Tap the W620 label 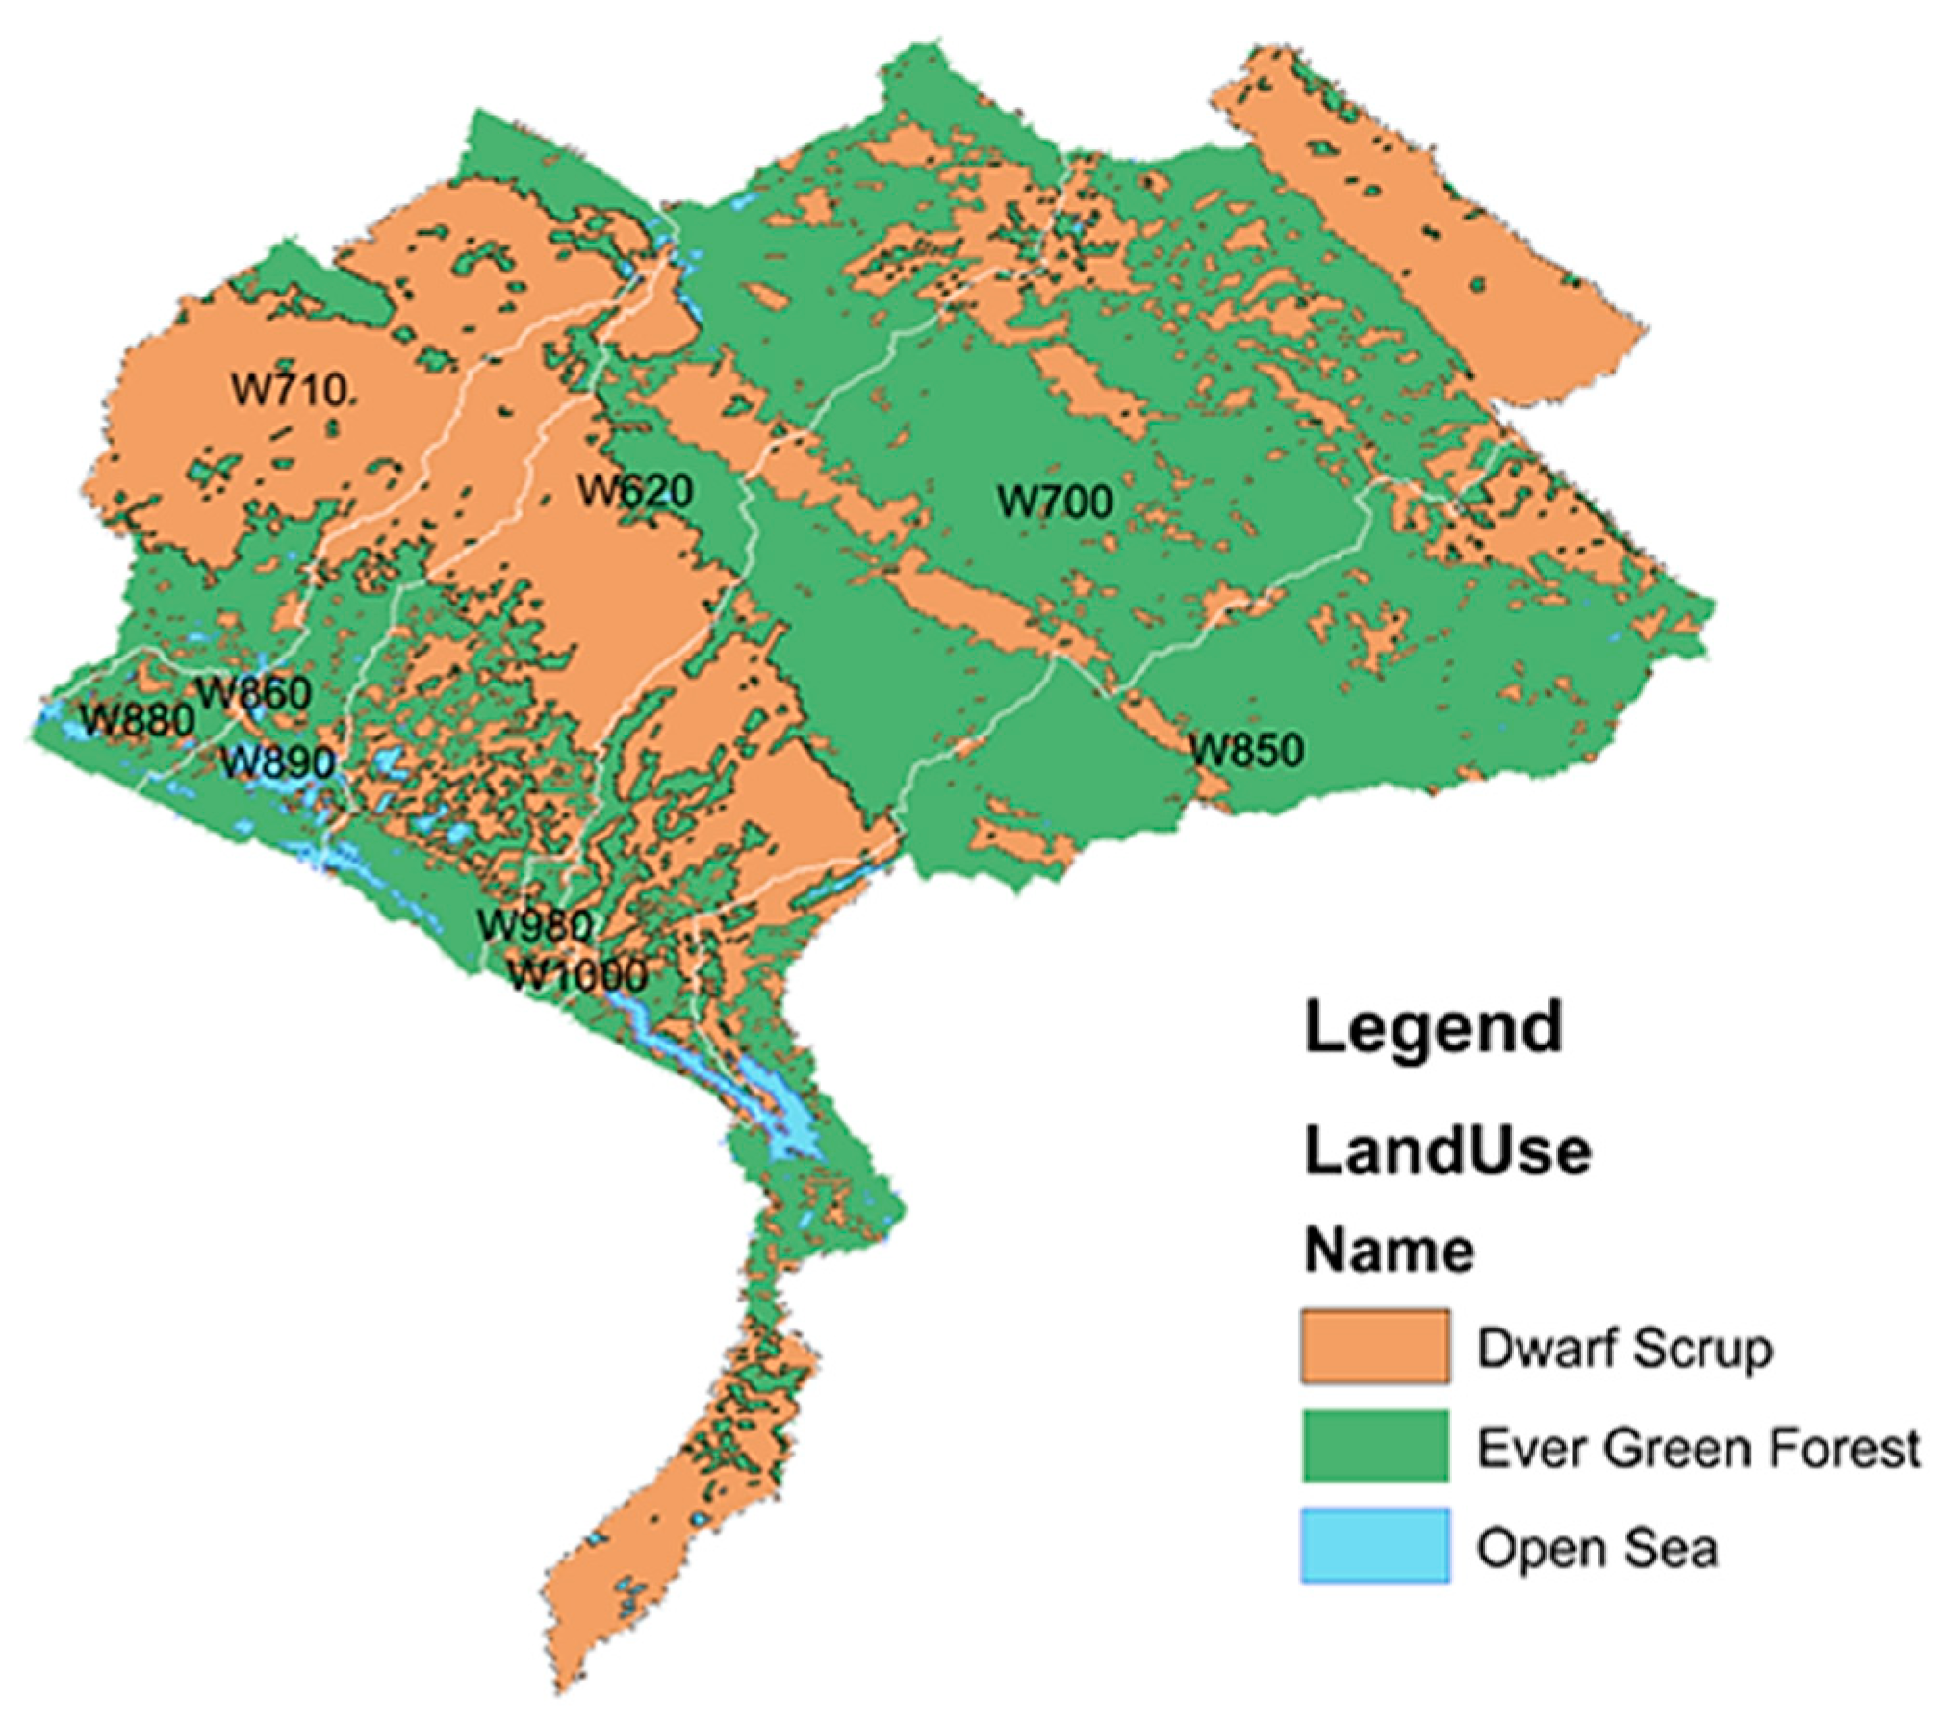(x=634, y=492)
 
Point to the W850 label (x=1247, y=750)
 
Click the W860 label (x=254, y=694)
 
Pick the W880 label (x=138, y=720)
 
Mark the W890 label (x=278, y=763)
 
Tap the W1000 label (x=576, y=976)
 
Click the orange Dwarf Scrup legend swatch (x=1374, y=1346)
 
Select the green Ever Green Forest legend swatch (x=1374, y=1446)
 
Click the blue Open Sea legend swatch (x=1374, y=1546)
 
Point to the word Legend (x=1433, y=1028)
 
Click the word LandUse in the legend (x=1446, y=1151)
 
